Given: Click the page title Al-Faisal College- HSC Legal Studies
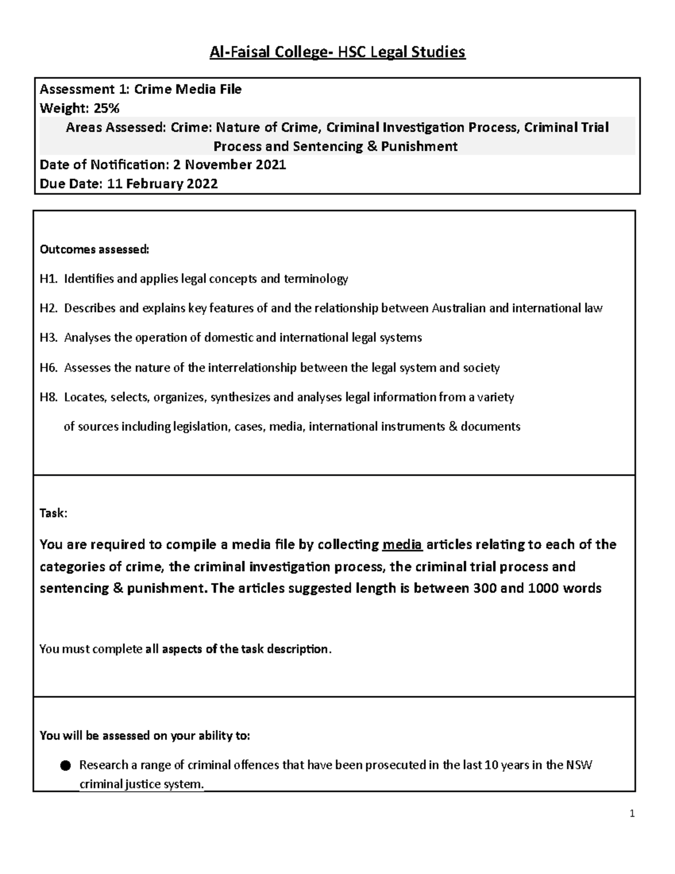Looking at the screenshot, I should click(x=337, y=52).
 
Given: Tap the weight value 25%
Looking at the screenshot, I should click(x=106, y=108).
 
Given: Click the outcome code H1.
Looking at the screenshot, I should click(x=48, y=279).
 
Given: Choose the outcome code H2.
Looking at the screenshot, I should click(x=48, y=308).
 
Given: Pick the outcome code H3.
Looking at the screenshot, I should click(x=48, y=338).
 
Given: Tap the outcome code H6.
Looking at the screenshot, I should click(x=48, y=368).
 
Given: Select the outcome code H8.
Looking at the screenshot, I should click(x=48, y=397).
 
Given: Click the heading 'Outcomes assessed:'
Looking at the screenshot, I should click(x=94, y=249).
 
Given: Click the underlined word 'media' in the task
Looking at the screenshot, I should click(x=402, y=545).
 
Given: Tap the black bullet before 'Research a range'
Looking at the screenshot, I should click(x=65, y=765).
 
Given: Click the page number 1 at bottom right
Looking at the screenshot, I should click(x=632, y=813).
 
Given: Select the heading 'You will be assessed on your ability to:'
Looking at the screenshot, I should click(x=145, y=736).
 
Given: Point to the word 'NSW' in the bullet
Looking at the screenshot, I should click(x=579, y=765).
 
